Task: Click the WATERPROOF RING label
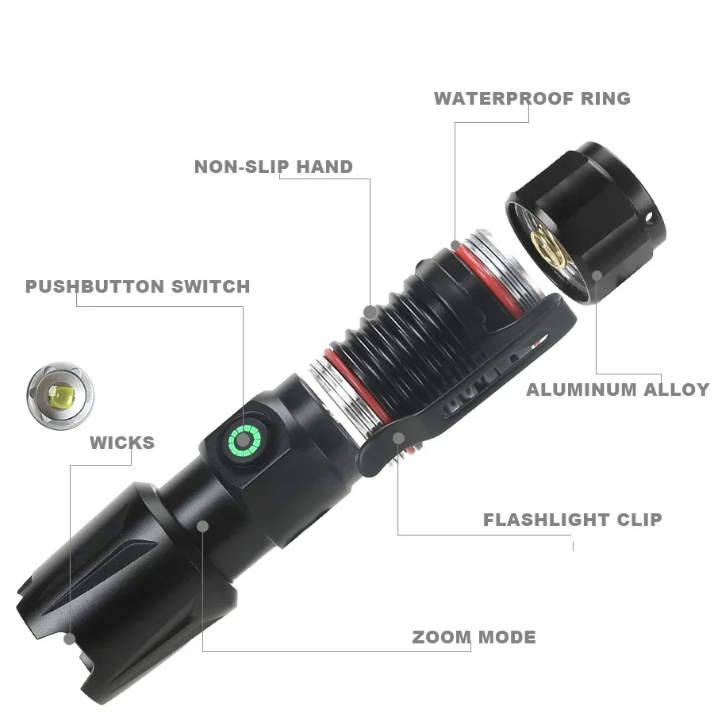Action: (532, 98)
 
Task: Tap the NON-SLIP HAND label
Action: (274, 167)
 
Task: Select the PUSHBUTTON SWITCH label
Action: (137, 286)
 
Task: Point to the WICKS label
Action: (122, 443)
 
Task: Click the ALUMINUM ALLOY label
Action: (617, 390)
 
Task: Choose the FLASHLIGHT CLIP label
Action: (572, 520)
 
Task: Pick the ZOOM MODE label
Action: (474, 637)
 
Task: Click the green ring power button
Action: (244, 439)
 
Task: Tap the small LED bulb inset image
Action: (60, 393)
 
